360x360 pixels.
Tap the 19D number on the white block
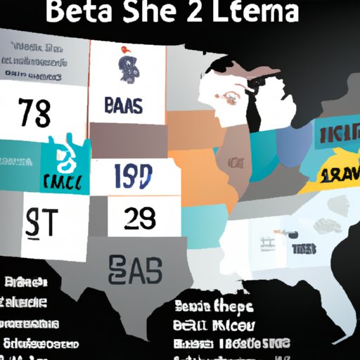point(134,176)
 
